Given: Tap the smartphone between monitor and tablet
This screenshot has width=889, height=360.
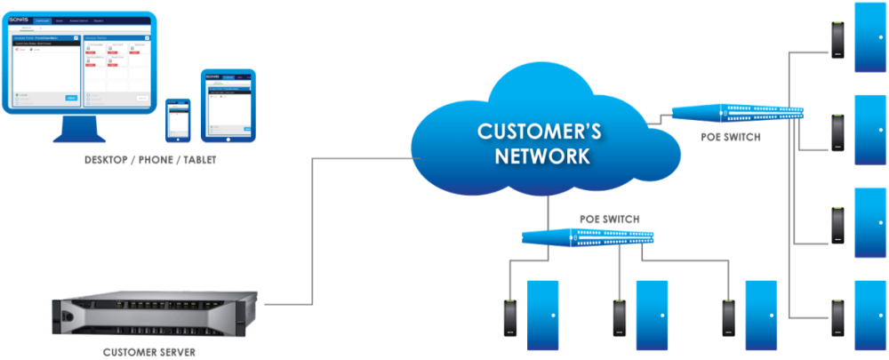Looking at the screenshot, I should pos(179,119).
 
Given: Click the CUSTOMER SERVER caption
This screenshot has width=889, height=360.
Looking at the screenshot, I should pos(149,352).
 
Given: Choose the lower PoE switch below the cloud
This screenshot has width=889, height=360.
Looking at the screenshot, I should pos(588,237).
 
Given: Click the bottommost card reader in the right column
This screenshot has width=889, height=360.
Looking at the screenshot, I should pos(837,317).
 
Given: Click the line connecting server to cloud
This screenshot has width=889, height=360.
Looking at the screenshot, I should pos(311,231).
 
